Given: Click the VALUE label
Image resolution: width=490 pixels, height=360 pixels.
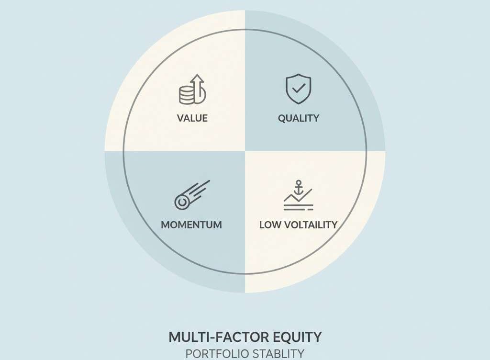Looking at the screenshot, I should coord(192,118).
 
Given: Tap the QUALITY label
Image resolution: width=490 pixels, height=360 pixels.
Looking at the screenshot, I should coord(299,118).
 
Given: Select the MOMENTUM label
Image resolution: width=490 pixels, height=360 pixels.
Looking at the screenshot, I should coord(191,225).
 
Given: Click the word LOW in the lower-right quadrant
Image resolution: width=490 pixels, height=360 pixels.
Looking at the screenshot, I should coord(270,225).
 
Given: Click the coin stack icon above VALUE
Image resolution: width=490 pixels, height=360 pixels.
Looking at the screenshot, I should coord(187,95).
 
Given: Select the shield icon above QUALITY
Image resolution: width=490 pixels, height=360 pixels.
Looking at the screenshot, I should coord(298,89).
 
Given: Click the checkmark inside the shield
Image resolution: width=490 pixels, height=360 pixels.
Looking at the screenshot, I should coord(299,88).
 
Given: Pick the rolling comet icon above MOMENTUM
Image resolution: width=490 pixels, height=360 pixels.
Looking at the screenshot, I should coord(191,195).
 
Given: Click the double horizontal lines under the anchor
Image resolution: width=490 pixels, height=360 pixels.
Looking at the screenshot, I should coord(298,208).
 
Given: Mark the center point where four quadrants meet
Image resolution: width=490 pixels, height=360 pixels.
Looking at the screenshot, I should coord(245,151).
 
